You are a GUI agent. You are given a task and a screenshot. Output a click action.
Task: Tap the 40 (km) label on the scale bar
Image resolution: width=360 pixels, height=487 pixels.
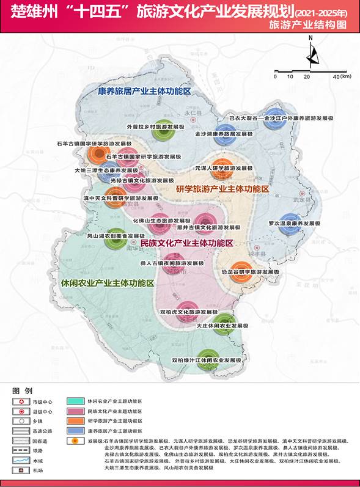click(x=337, y=76)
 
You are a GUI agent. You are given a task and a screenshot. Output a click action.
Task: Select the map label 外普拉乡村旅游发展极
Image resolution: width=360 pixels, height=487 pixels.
click(x=138, y=126)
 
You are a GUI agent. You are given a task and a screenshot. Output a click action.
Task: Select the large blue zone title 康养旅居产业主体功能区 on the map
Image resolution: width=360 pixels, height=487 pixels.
click(x=145, y=90)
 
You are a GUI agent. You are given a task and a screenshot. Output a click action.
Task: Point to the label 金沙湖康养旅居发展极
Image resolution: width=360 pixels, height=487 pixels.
click(x=207, y=133)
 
